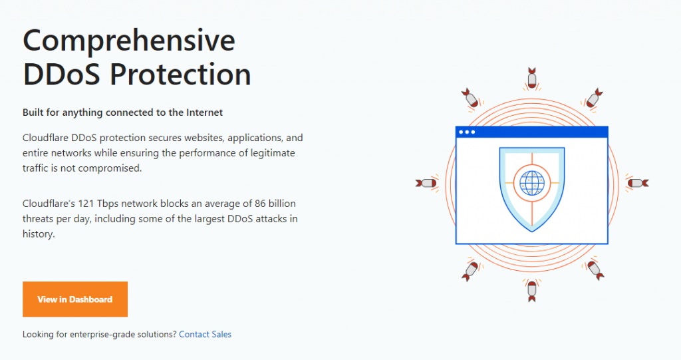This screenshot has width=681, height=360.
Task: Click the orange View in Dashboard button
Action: pyautogui.click(x=75, y=299)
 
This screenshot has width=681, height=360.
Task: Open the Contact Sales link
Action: pyautogui.click(x=205, y=334)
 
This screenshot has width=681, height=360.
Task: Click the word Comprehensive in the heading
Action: pyautogui.click(x=129, y=41)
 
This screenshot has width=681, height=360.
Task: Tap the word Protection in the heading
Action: pyautogui.click(x=180, y=75)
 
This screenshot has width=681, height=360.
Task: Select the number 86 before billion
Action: pyautogui.click(x=260, y=204)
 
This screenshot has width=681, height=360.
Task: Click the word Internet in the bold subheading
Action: pyautogui.click(x=205, y=112)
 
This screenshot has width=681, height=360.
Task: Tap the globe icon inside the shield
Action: pyautogui.click(x=532, y=183)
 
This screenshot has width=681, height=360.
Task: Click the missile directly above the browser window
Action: pyautogui.click(x=532, y=79)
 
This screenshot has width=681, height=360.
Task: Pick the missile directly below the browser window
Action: pyautogui.click(x=532, y=291)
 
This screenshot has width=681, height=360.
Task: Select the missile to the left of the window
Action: pyautogui.click(x=426, y=183)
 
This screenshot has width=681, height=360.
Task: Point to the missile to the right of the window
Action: pyautogui.click(x=638, y=183)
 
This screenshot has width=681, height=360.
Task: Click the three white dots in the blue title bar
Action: pyautogui.click(x=467, y=132)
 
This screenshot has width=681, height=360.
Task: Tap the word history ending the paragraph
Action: pyautogui.click(x=38, y=234)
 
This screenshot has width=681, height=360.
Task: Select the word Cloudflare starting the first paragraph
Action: pyautogui.click(x=45, y=138)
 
